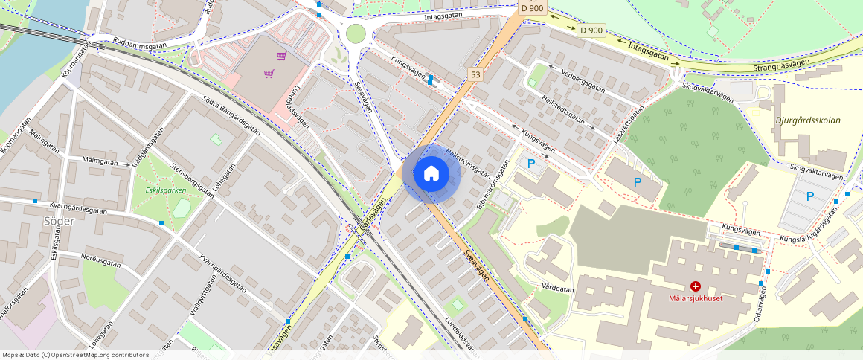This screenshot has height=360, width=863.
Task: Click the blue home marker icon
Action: click(x=431, y=174)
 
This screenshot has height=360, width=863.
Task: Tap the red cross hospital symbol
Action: click(x=696, y=286)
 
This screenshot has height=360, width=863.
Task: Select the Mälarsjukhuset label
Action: click(x=696, y=298)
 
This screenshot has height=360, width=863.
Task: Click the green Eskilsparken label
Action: click(x=161, y=190)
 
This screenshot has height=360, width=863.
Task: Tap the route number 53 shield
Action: click(x=475, y=74)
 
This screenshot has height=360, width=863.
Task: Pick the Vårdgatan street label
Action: click(x=557, y=288)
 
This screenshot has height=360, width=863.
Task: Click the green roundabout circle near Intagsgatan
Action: click(x=356, y=33)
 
